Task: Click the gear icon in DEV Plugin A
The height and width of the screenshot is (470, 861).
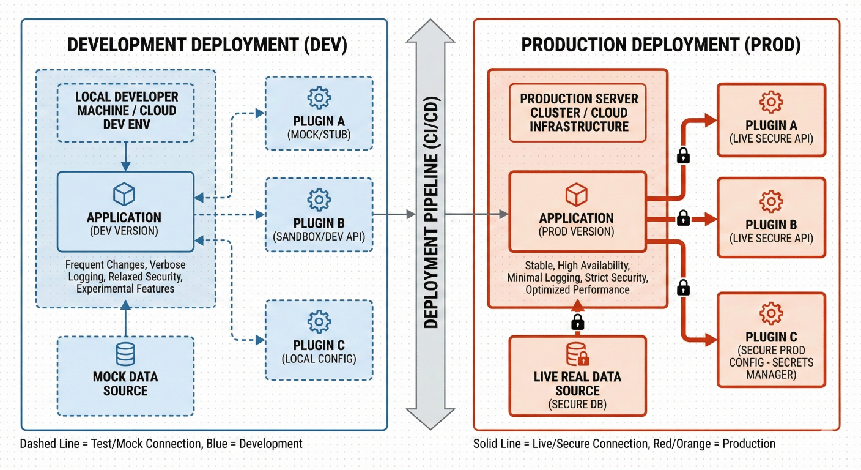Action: pos(319,98)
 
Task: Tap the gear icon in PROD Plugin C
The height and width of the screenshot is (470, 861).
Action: pos(771,313)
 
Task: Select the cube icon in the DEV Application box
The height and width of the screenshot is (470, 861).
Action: pos(124,195)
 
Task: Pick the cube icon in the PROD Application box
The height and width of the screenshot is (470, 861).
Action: pos(577,195)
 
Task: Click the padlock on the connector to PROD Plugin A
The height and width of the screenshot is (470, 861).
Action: pos(684,155)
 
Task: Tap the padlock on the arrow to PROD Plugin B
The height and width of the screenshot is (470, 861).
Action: pos(684,217)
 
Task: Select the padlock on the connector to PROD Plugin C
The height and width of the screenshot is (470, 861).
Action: pos(684,286)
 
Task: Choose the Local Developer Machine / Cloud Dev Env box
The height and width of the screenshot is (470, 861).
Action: pos(125,111)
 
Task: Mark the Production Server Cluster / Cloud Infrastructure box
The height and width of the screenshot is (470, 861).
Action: pos(578,113)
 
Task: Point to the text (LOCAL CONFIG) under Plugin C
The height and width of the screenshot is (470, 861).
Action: pos(319,359)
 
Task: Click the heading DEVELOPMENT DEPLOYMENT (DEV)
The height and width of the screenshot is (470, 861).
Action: pos(207,45)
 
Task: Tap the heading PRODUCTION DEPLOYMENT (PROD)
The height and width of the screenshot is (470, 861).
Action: pos(660,45)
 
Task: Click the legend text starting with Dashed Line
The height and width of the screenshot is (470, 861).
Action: pos(161,444)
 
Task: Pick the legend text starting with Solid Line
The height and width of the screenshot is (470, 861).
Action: pos(624,444)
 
